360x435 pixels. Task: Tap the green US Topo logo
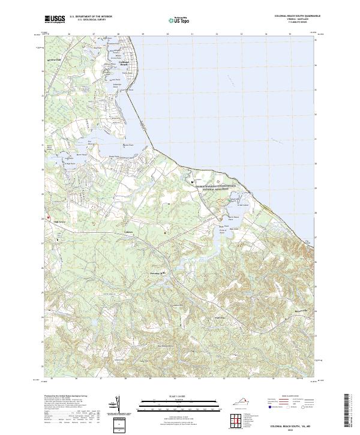[x=173, y=20]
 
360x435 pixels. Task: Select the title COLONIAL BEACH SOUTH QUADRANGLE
[x=296, y=16]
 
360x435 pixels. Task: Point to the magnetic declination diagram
[x=118, y=405]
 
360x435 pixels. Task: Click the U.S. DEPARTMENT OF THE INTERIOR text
[x=91, y=17]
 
